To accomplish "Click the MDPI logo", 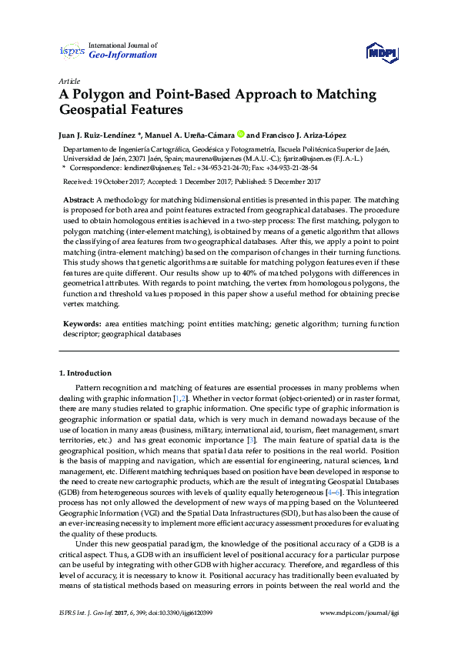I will click(382, 50).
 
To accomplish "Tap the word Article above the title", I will click(68, 81).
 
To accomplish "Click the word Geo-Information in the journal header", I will click(123, 55).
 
